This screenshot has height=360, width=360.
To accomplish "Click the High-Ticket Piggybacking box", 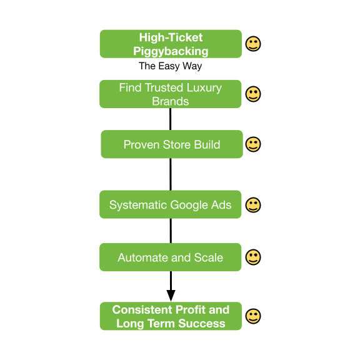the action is [x=171, y=44].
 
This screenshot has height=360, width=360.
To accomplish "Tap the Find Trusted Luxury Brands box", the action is [x=171, y=94].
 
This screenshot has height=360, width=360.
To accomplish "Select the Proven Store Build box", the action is [x=172, y=144].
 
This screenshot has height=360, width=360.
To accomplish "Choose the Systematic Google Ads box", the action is [x=171, y=204].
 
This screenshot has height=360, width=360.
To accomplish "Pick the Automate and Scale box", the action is [x=171, y=257].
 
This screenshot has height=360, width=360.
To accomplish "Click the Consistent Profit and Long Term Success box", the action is [x=171, y=316].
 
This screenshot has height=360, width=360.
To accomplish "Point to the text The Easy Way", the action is [x=171, y=66].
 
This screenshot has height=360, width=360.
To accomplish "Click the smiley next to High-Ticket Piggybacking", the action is [x=253, y=44].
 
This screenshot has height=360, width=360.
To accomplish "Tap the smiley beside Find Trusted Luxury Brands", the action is [x=253, y=94].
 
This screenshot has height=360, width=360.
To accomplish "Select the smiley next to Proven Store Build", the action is [x=253, y=144].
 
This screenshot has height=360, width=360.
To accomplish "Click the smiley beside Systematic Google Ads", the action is [x=253, y=205].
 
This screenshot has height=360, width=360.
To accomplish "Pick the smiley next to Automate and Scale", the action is [x=253, y=257].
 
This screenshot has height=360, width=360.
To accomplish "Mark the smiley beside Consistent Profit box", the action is [x=253, y=316].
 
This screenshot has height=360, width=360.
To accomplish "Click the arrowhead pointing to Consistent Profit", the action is [x=171, y=296].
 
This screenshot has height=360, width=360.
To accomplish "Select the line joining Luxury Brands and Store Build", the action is [x=171, y=119].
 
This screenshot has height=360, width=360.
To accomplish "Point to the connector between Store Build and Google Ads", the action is [x=171, y=174].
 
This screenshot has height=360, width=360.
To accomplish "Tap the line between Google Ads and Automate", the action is [x=171, y=231].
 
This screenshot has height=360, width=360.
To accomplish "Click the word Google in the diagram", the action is [x=187, y=205].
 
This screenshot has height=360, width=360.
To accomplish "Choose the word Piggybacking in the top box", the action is [x=171, y=51].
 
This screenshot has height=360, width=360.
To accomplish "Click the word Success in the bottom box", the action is [x=202, y=323].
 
